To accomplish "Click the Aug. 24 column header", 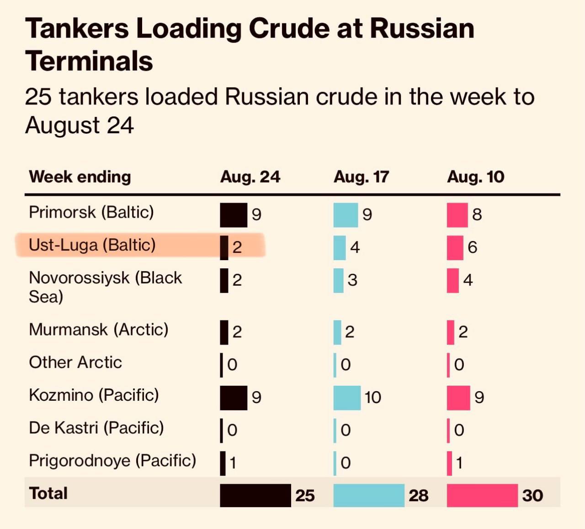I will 250,177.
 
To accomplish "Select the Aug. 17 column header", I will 361,177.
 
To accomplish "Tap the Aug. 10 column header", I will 475,177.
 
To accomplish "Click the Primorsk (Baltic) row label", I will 91,212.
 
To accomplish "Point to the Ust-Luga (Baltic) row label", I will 92,245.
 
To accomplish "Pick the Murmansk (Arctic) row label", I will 99,330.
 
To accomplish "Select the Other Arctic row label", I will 75,362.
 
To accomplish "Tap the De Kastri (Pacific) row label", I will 96,428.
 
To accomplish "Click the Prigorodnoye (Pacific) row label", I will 112,461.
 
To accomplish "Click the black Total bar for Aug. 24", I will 255,495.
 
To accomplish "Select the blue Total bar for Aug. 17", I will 369,495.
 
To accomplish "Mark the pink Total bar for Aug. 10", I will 482,495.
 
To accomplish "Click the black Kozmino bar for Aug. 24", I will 234,398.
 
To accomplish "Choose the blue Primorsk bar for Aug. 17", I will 346,215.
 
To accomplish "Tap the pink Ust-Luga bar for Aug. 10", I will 455,248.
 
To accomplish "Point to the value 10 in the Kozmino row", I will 373,398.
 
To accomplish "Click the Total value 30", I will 532,496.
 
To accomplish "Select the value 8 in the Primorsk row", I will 477,215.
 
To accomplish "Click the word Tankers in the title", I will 77,28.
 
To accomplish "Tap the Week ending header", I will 80,177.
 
